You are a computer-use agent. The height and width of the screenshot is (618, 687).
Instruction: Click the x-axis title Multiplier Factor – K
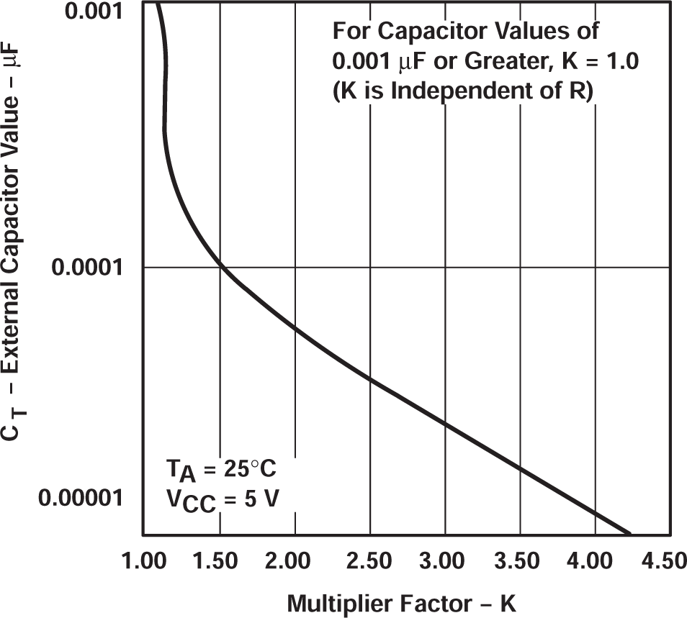(x=403, y=603)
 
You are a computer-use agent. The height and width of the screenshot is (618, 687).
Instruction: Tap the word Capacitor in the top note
(x=431, y=32)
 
